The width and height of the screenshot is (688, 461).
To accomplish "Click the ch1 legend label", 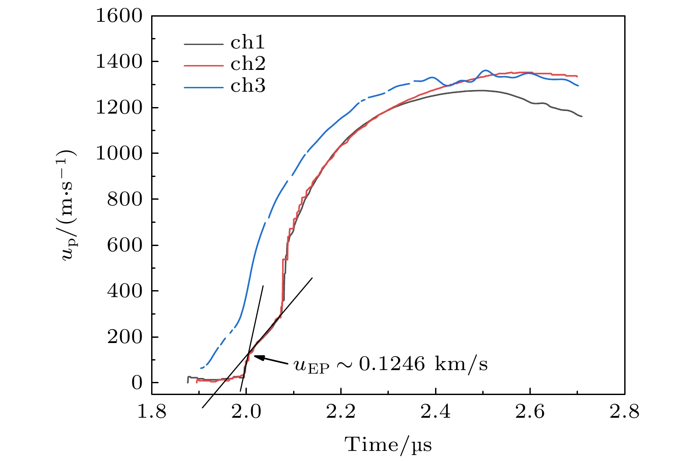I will [248, 43].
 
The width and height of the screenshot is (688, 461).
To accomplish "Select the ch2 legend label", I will [248, 64].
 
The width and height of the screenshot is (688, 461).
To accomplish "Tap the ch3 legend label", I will [248, 86].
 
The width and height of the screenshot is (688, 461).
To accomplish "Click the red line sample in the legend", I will [204, 66].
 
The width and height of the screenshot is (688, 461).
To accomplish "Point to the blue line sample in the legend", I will [204, 87].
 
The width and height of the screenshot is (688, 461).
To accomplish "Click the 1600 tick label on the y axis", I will [119, 16].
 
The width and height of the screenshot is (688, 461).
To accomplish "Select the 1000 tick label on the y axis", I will [119, 153].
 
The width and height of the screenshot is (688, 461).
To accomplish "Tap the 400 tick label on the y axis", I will [124, 291].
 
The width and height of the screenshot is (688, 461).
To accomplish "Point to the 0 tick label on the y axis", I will [137, 383].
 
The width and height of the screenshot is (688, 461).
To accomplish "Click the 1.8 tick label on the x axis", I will [152, 412].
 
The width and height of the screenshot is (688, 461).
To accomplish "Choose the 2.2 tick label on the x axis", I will [341, 412].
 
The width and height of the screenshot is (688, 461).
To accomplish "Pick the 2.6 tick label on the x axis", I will [530, 412].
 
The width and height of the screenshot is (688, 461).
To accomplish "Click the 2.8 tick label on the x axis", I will [624, 412].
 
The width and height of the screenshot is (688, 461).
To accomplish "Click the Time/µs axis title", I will [388, 445].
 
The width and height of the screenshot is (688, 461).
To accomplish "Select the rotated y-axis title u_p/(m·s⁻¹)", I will [69, 205].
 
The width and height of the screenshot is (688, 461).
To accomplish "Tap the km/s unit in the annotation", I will [461, 364].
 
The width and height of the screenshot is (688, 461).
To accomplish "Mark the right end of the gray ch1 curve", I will [581, 116].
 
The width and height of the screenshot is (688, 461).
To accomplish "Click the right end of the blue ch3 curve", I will [578, 86].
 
